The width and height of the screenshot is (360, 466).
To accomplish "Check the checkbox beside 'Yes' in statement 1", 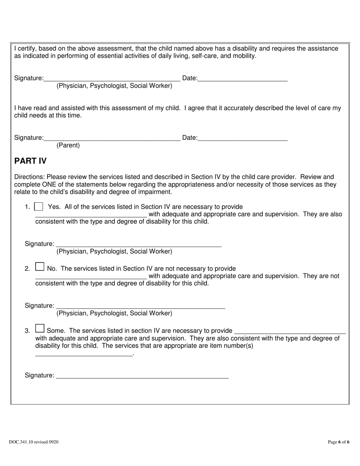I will click(39, 207).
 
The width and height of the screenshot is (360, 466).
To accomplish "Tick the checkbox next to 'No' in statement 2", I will click(39, 267).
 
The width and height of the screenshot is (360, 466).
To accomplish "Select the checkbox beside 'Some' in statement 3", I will click(39, 328).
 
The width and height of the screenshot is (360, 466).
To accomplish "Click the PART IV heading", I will click(30, 161).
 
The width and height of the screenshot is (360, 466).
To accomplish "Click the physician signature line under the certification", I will click(112, 78).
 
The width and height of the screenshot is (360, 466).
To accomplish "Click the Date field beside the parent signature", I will click(243, 138).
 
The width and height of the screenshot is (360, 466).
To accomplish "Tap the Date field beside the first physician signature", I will click(243, 78).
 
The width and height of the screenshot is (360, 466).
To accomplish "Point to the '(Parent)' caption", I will click(68, 145).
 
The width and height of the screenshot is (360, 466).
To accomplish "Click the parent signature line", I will click(112, 138).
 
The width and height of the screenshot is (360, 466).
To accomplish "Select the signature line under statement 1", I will click(139, 244).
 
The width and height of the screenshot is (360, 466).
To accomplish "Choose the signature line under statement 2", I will click(140, 306).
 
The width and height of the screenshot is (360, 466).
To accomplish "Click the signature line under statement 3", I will click(142, 375).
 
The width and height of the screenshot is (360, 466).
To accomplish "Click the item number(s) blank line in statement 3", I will click(84, 353).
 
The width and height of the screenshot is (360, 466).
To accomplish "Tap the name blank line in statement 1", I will click(91, 214).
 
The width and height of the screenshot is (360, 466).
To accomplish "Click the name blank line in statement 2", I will click(91, 276).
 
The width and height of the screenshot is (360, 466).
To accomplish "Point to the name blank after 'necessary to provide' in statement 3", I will click(290, 330).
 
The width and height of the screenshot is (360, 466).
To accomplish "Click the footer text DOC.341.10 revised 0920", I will click(34, 442).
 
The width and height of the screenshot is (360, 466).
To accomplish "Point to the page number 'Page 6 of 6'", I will click(338, 442).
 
